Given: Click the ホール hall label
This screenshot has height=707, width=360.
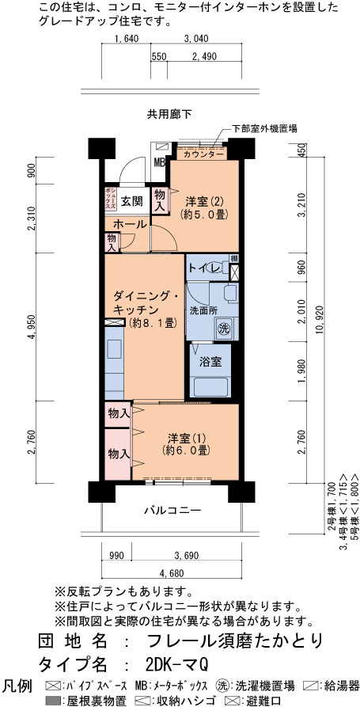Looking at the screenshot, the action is (x=130, y=224).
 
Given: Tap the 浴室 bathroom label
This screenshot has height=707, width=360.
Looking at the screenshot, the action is (x=209, y=362).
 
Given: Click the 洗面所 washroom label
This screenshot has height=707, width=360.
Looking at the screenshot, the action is (x=197, y=310).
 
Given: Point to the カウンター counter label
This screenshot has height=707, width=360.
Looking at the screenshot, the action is (x=203, y=154).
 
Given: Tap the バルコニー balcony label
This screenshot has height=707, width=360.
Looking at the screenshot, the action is (x=172, y=511).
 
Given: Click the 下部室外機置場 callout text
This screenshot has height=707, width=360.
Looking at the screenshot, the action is (x=264, y=128).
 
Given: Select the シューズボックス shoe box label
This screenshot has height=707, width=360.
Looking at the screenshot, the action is (x=111, y=199).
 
